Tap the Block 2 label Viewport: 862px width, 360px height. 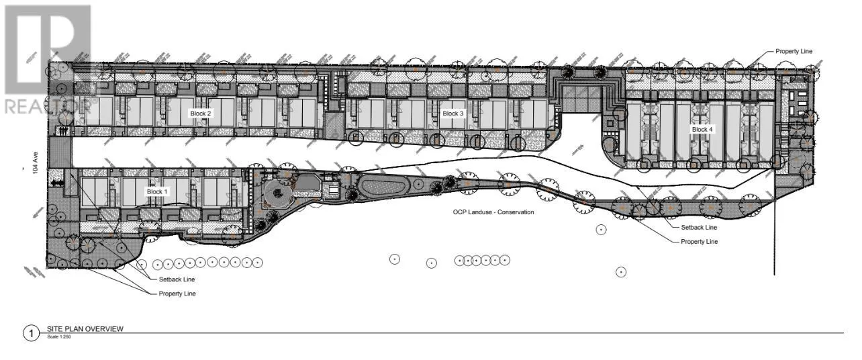pyautogui.click(x=200, y=114)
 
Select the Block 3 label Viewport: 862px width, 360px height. pyautogui.click(x=452, y=114)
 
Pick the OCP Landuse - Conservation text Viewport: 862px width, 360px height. pyautogui.click(x=493, y=212)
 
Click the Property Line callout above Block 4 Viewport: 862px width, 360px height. pyautogui.click(x=796, y=51)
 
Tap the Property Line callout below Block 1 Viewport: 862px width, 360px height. pyautogui.click(x=177, y=294)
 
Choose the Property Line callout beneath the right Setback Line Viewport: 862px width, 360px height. pyautogui.click(x=700, y=242)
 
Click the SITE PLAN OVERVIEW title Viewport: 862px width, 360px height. pyautogui.click(x=85, y=329)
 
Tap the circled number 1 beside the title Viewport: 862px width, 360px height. pyautogui.click(x=31, y=333)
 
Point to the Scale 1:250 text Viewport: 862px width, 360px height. pyautogui.click(x=58, y=336)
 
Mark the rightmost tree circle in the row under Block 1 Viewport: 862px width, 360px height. pyautogui.click(x=257, y=263)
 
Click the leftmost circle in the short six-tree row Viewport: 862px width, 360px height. pyautogui.click(x=459, y=260)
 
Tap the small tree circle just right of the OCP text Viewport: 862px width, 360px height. pyautogui.click(x=601, y=230)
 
